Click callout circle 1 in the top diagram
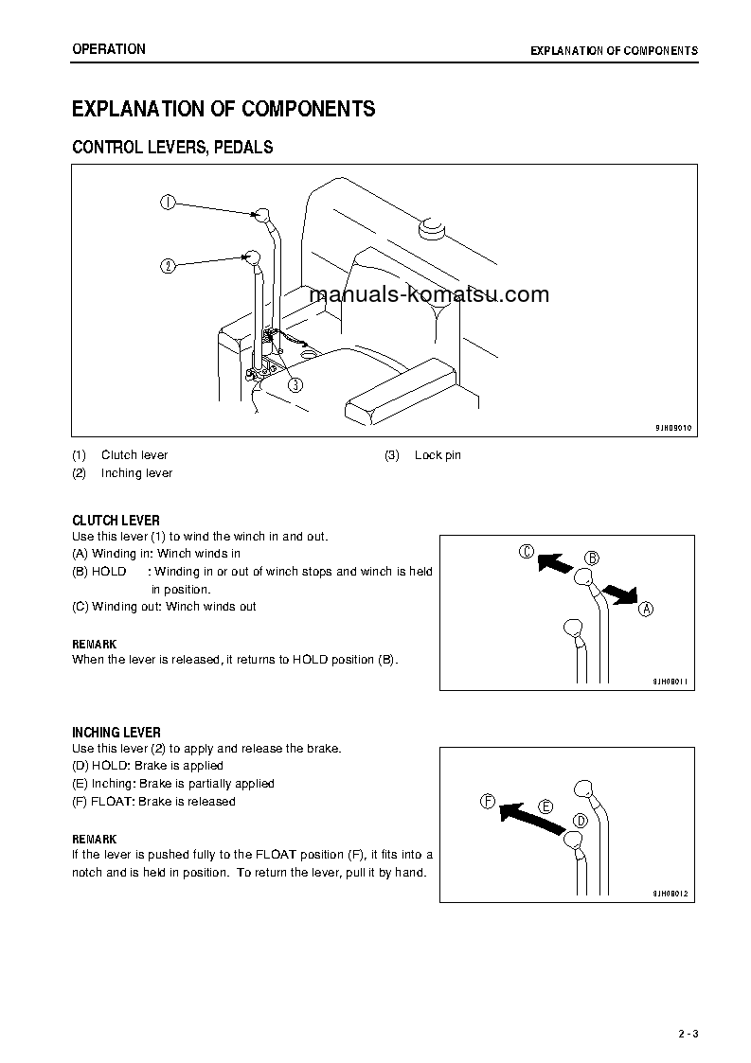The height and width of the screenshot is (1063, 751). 167,202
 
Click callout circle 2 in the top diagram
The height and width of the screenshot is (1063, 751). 167,266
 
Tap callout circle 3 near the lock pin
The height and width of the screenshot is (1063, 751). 295,384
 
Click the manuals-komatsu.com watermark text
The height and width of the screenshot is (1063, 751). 429,294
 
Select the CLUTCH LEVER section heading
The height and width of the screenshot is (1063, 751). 116,521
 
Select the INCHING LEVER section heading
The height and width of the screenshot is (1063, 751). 116,733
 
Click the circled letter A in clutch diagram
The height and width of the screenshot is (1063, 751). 646,609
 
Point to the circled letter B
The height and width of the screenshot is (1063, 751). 592,558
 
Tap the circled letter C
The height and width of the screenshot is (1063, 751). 527,552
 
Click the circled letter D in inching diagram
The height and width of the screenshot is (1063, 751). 581,820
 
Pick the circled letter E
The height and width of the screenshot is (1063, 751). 545,806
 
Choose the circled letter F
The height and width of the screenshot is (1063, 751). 488,802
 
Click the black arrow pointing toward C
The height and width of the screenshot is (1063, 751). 555,564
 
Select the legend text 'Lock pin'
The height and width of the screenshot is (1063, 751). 438,455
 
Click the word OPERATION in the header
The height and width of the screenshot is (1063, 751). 109,49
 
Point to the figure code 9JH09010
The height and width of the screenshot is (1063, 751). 672,428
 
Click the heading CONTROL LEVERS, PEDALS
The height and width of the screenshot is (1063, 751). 172,148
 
